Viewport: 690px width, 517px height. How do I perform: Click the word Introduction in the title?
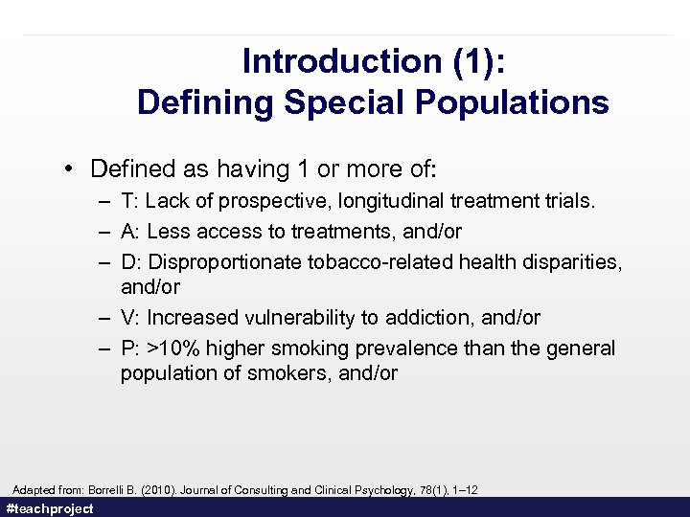pos(310,61)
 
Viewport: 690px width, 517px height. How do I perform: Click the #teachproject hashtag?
pos(50,508)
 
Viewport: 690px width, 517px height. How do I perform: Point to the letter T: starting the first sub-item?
pos(129,201)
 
